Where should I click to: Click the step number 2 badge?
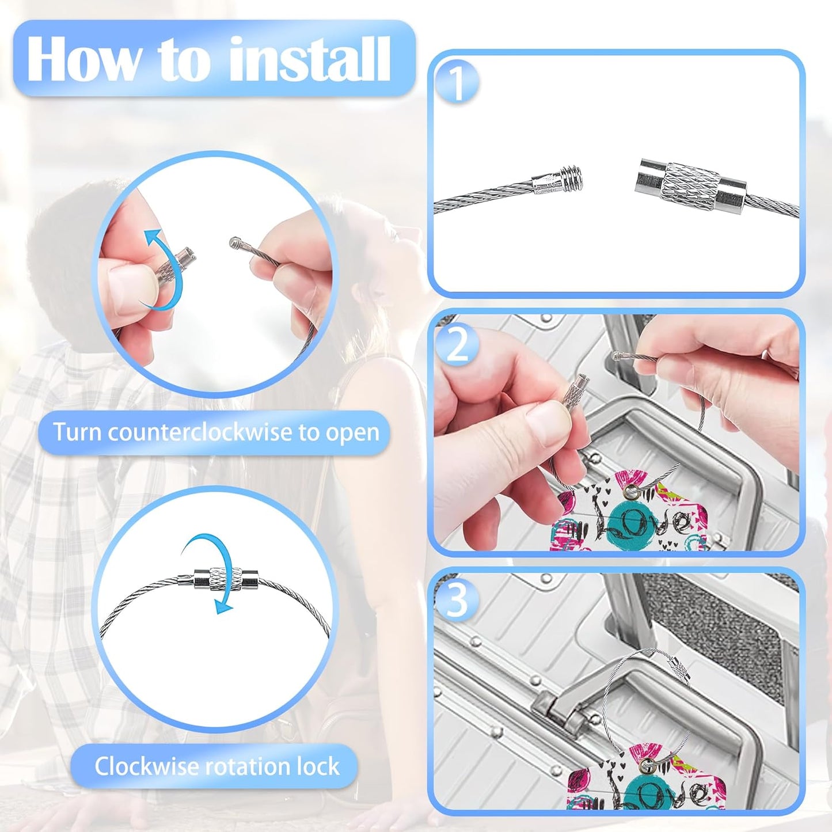tap(457, 345)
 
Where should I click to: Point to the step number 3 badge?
tap(457, 601)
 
